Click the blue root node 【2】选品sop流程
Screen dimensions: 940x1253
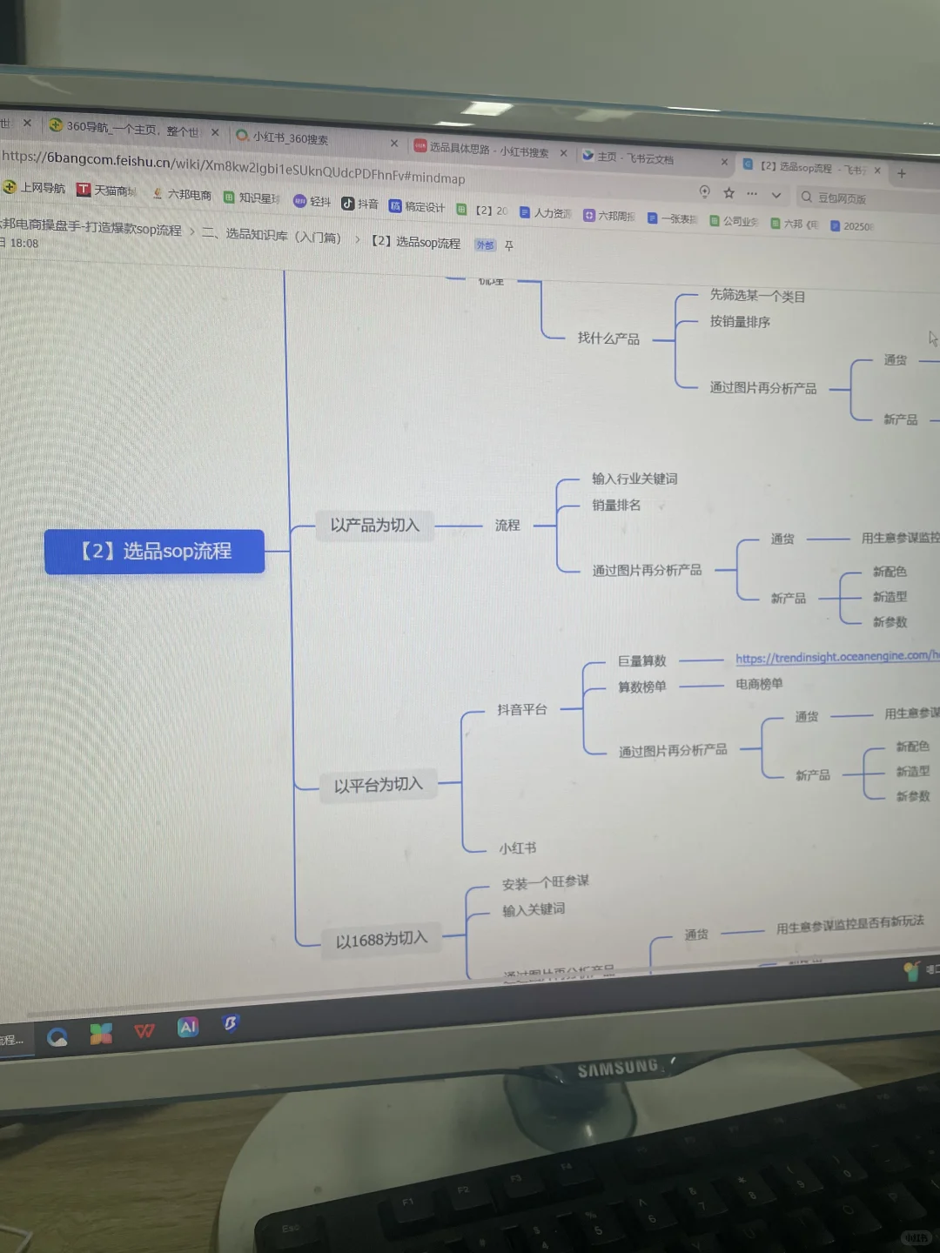155,552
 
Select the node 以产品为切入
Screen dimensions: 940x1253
374,526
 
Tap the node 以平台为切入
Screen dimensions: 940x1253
378,786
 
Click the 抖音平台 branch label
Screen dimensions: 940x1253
522,710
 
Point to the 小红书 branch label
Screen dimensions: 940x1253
517,848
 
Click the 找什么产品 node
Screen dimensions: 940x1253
608,338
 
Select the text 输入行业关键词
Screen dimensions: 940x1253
634,479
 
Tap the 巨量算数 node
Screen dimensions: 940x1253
641,661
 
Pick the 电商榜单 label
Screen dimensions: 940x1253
759,685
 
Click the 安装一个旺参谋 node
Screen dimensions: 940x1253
546,883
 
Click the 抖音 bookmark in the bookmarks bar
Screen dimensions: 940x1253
360,204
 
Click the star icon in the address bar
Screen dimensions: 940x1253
729,193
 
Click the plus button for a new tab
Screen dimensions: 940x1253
902,173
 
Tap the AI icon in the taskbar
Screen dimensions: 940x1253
188,1028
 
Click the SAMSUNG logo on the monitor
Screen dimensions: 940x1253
618,1068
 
